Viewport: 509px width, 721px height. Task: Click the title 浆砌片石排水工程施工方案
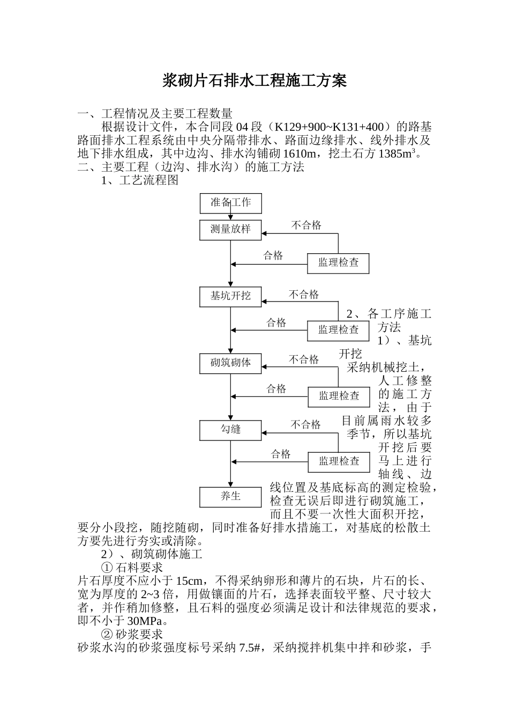point(254,81)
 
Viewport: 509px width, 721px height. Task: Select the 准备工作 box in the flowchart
point(230,203)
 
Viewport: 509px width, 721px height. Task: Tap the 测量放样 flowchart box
point(230,229)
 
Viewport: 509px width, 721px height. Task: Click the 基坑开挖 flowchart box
point(230,296)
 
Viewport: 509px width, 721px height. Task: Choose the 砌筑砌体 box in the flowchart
point(230,363)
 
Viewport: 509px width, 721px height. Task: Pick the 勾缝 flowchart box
point(230,429)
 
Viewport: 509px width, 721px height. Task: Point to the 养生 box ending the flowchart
point(230,496)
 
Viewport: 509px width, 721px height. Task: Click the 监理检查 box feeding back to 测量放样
point(338,263)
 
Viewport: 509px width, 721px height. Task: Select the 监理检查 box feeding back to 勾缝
point(339,461)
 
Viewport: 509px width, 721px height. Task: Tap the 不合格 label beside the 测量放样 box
point(306,225)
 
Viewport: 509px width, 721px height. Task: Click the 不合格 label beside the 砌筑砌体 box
point(304,359)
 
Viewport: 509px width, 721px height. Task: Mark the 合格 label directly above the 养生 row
point(281,454)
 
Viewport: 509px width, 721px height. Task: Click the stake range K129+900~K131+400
point(330,127)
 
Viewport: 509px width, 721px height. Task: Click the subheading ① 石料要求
point(132,567)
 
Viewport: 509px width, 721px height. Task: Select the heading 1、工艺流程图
point(139,180)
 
